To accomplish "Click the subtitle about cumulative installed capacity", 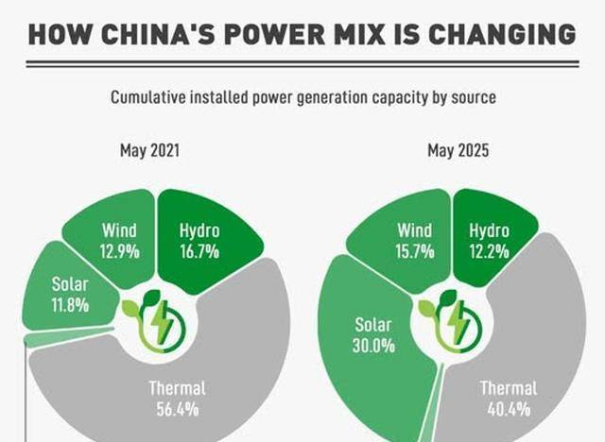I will point(302,97).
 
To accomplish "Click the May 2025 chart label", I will point(458,151).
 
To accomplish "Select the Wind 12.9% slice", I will point(119,240).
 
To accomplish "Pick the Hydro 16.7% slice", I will point(199,240).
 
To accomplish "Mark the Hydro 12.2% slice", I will point(489,240).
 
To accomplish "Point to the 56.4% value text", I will point(177,409).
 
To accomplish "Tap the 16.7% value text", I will point(199,251).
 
